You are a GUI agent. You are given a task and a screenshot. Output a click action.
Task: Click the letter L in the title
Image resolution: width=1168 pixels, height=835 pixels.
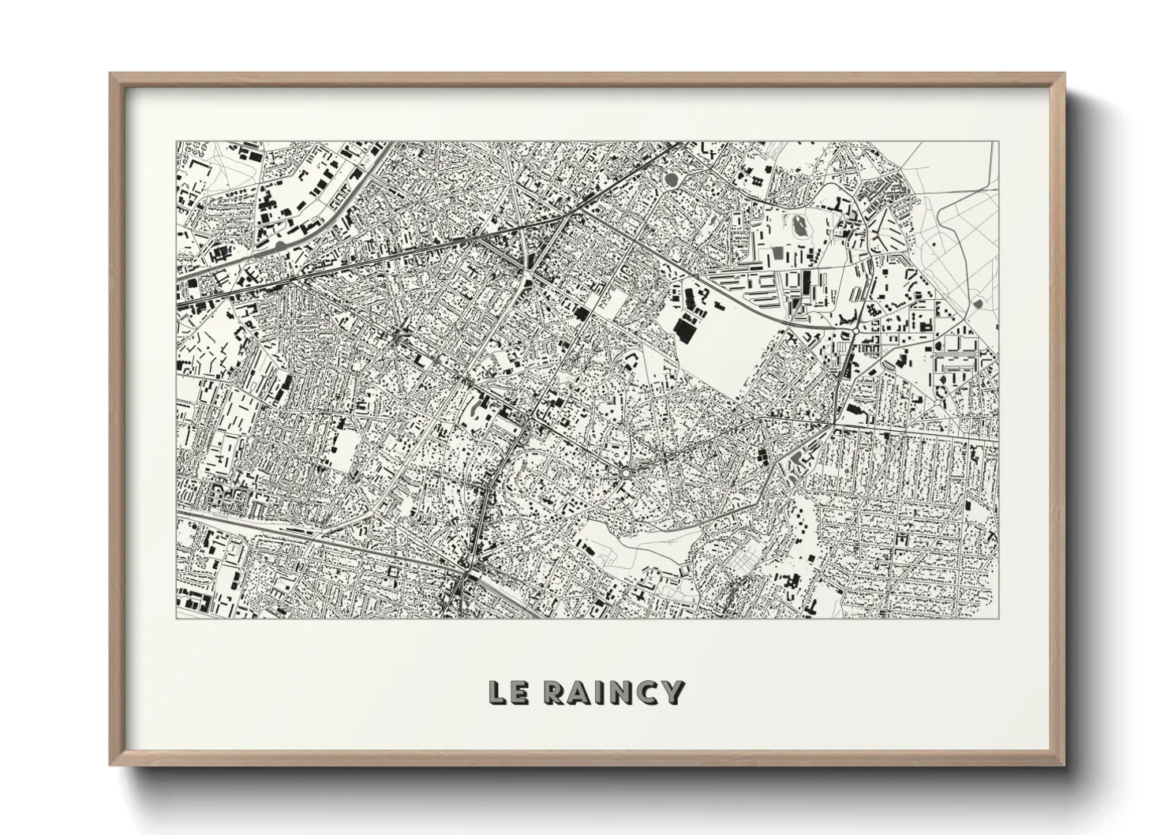click(x=497, y=692)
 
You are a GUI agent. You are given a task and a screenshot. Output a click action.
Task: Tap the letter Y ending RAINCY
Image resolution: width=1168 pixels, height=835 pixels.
click(x=673, y=692)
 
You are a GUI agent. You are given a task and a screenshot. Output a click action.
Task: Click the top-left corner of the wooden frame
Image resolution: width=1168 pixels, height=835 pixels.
click(x=111, y=74)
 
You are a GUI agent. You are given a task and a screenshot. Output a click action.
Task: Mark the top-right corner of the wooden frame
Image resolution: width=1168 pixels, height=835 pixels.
click(x=1063, y=74)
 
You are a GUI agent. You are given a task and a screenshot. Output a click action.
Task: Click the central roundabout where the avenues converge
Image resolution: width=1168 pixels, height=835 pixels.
click(x=625, y=473)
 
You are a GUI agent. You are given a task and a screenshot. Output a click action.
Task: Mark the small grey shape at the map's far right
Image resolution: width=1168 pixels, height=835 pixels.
click(x=979, y=303)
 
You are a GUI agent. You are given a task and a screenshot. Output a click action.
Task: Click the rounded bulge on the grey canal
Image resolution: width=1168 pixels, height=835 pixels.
click(x=282, y=246)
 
